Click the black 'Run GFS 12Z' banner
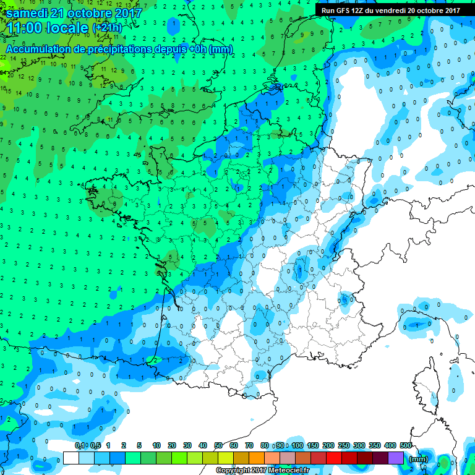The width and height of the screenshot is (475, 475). pyautogui.click(x=391, y=10)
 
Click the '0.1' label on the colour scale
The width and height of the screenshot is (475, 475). pyautogui.click(x=80, y=446)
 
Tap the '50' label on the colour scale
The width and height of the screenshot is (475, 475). pyautogui.click(x=218, y=446)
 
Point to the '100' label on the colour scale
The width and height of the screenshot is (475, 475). pyautogui.click(x=297, y=446)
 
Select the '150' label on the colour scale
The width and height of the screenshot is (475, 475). pyautogui.click(x=313, y=446)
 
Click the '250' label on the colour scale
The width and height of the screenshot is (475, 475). pyautogui.click(x=344, y=446)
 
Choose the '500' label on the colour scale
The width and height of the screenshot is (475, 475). pyautogui.click(x=406, y=446)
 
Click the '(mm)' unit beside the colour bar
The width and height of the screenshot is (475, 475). pyautogui.click(x=419, y=459)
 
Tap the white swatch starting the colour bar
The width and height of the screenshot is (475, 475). pyautogui.click(x=71, y=458)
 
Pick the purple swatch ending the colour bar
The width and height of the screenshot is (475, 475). pyautogui.click(x=396, y=458)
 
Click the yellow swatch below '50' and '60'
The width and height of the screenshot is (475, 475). pyautogui.click(x=226, y=458)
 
